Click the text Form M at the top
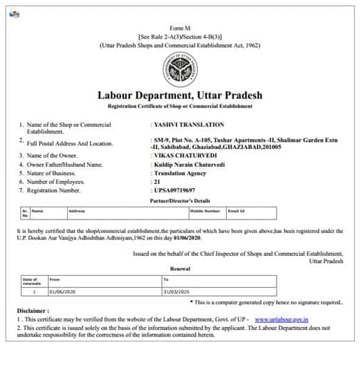coord(180,26)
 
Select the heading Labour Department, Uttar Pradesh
coord(180,95)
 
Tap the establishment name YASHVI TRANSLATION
coord(188,125)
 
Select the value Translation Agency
coord(183,172)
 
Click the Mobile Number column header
coord(205,211)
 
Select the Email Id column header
coord(237,211)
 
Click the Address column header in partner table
coord(77,211)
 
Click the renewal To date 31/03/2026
coord(178,291)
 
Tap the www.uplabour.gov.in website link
coord(282,319)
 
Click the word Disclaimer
coord(33,311)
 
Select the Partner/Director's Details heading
coord(180,200)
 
